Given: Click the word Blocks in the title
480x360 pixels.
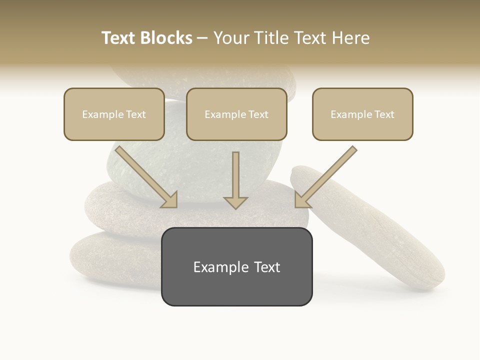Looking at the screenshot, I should coord(167,38).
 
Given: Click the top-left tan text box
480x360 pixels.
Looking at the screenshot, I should coord(114,114).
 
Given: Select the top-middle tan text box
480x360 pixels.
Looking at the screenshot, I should coord(236,114).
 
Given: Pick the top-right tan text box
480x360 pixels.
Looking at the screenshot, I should coord(362,114).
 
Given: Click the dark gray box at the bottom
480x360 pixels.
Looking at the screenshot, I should coord(236,266).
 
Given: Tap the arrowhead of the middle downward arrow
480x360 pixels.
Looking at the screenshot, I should coord(235,202).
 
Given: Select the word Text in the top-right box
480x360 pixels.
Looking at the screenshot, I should coord(384,114).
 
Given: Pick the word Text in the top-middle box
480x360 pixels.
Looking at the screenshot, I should coord(258,114).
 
